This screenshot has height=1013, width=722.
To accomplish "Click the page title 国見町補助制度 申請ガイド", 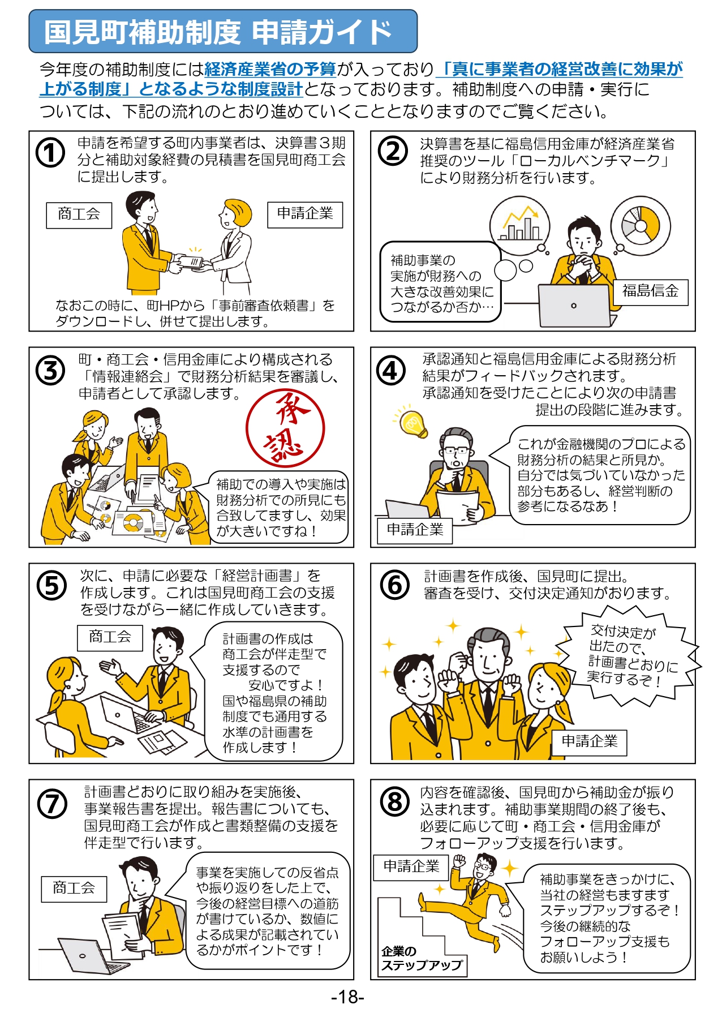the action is (x=218, y=32).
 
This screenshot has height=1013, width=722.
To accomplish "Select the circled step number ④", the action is (x=391, y=371).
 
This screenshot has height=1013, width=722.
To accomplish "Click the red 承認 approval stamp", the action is (x=285, y=428).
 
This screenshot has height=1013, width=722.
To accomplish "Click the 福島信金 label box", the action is (x=651, y=292).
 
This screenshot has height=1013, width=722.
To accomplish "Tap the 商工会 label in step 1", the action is (x=79, y=215).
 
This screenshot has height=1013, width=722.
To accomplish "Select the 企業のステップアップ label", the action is (x=422, y=959).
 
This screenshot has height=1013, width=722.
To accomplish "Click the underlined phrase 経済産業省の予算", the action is (x=270, y=70).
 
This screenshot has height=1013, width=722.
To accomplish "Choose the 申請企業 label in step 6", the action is (x=590, y=742).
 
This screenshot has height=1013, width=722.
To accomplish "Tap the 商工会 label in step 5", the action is (x=110, y=638).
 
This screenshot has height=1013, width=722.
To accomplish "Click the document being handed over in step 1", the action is (x=189, y=263).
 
